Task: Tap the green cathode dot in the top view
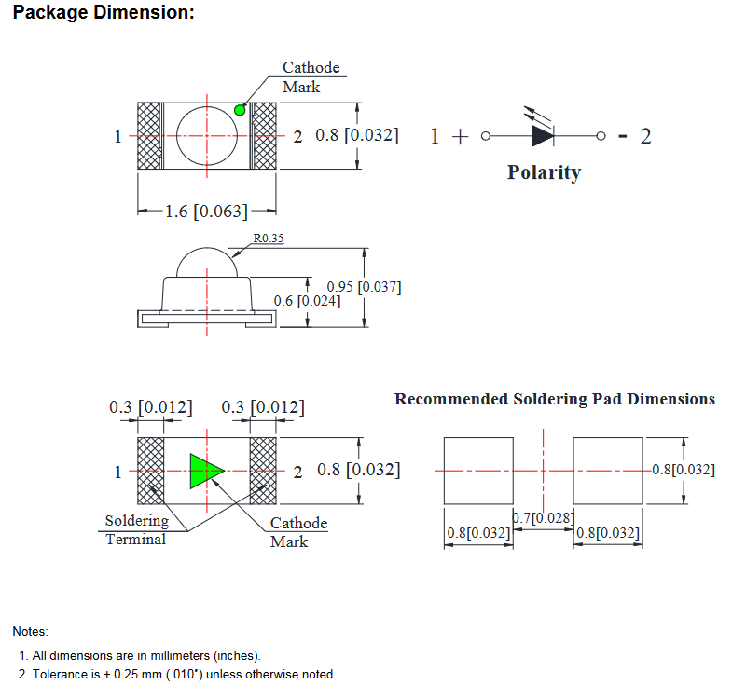[x=240, y=110]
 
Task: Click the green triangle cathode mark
[x=205, y=471]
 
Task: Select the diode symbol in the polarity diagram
[x=543, y=136]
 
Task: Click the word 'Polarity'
[x=544, y=172]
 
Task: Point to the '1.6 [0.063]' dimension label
[x=206, y=212]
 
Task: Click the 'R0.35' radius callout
[x=269, y=239]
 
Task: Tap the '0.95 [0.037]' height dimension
[x=364, y=286]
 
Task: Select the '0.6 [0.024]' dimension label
[x=307, y=300]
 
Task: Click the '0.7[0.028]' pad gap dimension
[x=543, y=516]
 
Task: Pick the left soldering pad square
[x=478, y=471]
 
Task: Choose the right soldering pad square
[x=608, y=471]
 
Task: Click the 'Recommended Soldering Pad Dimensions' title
[x=555, y=399]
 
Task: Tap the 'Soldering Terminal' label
[x=136, y=530]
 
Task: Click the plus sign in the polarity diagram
[x=459, y=136]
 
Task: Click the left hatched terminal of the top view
[x=149, y=136]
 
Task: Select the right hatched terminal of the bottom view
[x=264, y=471]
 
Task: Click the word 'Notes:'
[x=30, y=632]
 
